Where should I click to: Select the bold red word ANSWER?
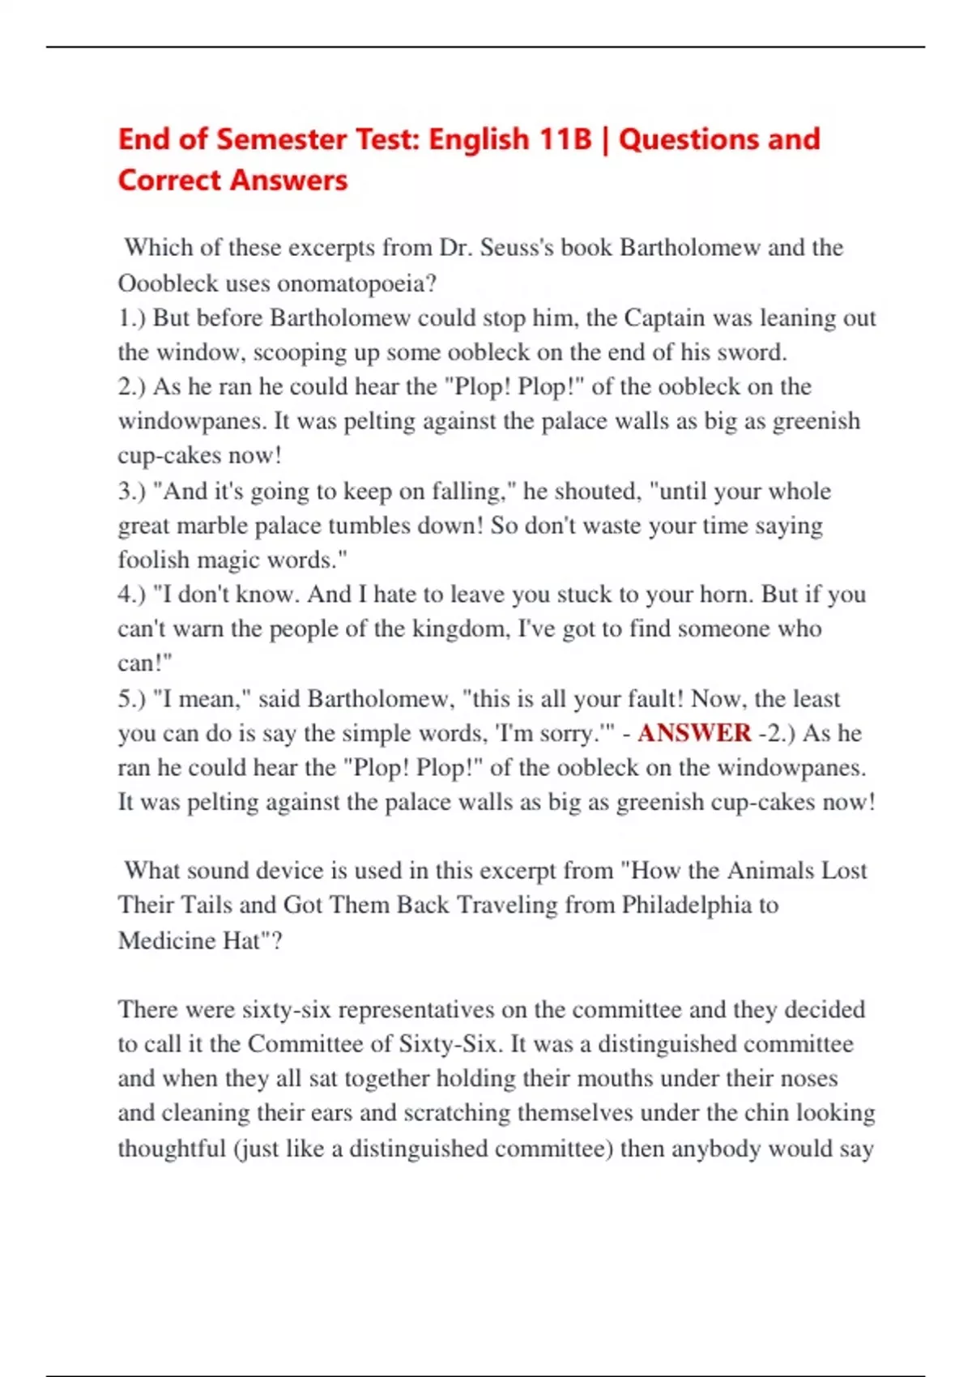pyautogui.click(x=694, y=733)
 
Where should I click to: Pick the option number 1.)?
pyautogui.click(x=132, y=318)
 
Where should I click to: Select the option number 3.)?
pyautogui.click(x=132, y=491)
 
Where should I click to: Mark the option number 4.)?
pyautogui.click(x=132, y=595)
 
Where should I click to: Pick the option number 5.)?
pyautogui.click(x=132, y=698)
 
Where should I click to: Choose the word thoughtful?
pyautogui.click(x=171, y=1149)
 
